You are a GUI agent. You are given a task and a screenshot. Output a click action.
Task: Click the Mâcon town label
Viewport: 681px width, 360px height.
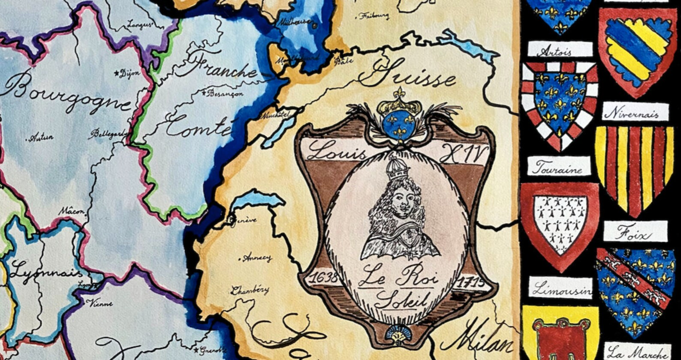click(72, 212)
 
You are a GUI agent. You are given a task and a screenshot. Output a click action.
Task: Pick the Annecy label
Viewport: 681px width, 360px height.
click(257, 258)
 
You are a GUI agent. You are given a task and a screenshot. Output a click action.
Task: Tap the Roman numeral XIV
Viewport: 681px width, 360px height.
click(462, 154)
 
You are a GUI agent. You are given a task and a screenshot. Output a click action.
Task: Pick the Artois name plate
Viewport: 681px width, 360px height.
click(560, 50)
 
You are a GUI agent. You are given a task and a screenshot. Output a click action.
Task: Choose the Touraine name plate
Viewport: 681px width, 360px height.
click(559, 166)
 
